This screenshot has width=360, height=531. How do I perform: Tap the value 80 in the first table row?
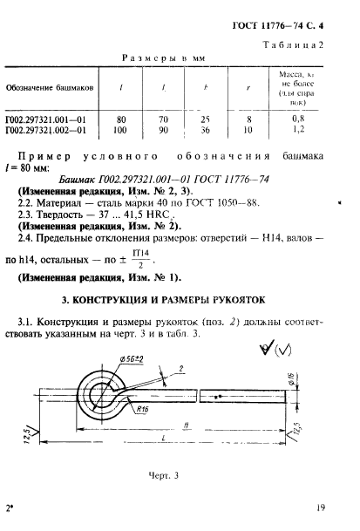click(x=120, y=118)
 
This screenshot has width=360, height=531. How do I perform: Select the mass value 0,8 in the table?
click(x=300, y=118)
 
